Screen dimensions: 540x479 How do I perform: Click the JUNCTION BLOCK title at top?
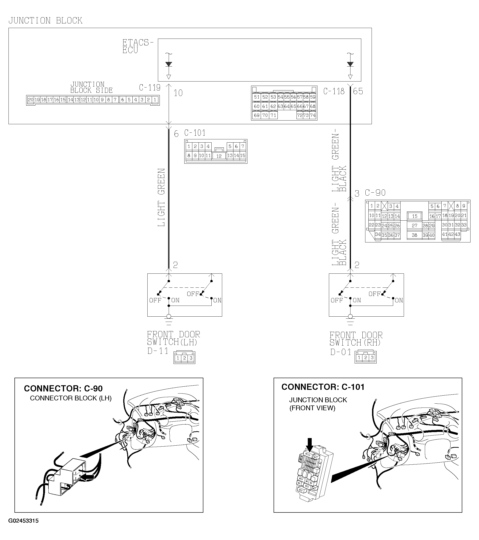pyautogui.click(x=45, y=21)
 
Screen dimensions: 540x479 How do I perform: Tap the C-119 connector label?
pyautogui.click(x=150, y=87)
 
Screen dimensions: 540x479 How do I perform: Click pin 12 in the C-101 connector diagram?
pyautogui.click(x=219, y=156)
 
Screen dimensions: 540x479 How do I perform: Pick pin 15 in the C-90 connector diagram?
pyautogui.click(x=415, y=216)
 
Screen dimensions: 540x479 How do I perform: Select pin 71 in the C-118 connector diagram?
pyautogui.click(x=273, y=115)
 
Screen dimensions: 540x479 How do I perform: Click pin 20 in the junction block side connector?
pyautogui.click(x=31, y=100)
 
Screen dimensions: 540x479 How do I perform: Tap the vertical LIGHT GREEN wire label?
pyautogui.click(x=161, y=197)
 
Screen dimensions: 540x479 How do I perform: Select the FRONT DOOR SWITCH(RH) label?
pyautogui.click(x=356, y=339)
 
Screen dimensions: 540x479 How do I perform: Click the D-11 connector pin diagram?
pyautogui.click(x=184, y=358)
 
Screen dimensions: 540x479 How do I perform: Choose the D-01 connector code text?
pyautogui.click(x=341, y=352)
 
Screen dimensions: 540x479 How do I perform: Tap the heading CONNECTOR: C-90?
pyautogui.click(x=63, y=388)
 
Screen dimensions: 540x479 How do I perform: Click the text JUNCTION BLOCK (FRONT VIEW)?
pyautogui.click(x=318, y=404)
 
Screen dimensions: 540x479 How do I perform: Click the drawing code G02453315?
pyautogui.click(x=23, y=521)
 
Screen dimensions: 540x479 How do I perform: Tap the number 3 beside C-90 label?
pyautogui.click(x=357, y=194)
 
